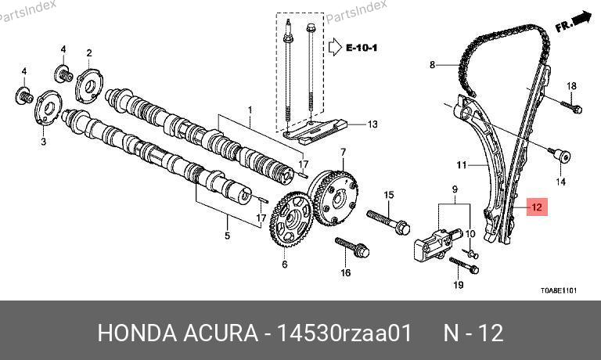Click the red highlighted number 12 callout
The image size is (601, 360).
coord(537,207)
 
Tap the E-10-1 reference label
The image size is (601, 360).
coord(362,48)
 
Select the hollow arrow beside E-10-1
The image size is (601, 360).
coord(335,47)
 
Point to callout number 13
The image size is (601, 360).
coord(372,124)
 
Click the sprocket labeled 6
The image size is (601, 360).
coord(291,219)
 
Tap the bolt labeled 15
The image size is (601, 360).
coord(388,221)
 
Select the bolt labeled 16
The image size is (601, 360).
coord(352,247)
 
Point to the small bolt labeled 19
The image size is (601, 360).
coord(464,265)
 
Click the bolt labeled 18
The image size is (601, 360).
coord(571,106)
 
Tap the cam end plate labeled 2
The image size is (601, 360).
coord(89,86)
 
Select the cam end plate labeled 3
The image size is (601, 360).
coord(49,108)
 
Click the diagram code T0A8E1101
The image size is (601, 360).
coord(559,290)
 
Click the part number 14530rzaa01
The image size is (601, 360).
coord(344,333)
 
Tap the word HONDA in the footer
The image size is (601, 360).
coord(137,333)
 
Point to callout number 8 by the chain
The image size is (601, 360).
coord(432,65)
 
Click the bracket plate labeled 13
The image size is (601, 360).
coord(315,132)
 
